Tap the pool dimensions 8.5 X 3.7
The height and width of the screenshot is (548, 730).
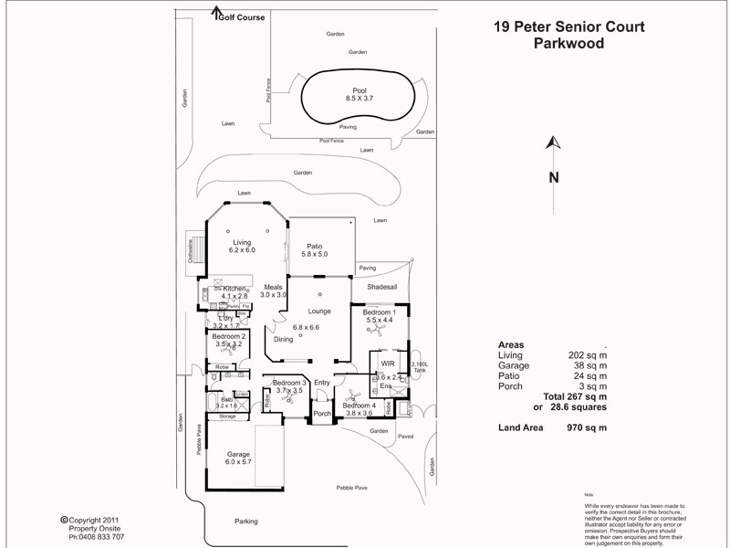360,98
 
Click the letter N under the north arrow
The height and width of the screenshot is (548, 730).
553,178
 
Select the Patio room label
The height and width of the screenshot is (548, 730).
314,246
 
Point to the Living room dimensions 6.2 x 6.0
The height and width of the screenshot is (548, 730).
242,250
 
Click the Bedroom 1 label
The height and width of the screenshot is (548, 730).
379,311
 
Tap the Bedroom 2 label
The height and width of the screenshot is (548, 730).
229,336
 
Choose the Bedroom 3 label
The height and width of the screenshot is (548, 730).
289,382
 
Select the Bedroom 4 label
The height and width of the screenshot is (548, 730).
359,405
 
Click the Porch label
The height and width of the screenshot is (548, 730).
322,414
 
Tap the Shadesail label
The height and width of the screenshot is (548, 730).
381,287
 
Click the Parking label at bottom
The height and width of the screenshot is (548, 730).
245,522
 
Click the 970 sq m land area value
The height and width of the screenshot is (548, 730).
586,427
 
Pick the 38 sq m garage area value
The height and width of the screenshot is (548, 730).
589,364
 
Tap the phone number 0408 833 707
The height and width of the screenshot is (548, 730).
98,535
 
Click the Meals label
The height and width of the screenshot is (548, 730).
274,287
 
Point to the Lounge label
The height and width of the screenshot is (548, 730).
318,311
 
